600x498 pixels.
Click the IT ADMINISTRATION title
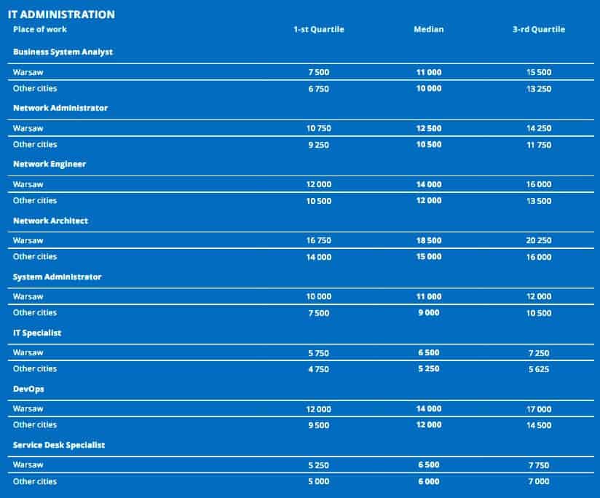(61, 14)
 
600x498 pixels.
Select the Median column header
(428, 30)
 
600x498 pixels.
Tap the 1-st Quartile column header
(318, 30)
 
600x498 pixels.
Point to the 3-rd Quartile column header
(538, 30)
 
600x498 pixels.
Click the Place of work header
(40, 29)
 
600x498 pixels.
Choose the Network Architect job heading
(51, 221)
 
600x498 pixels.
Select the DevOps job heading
(28, 389)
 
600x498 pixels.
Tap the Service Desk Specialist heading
(59, 445)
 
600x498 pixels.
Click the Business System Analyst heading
(63, 52)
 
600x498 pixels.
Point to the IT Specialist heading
(37, 333)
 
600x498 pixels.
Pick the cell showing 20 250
(538, 241)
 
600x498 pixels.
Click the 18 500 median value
(428, 241)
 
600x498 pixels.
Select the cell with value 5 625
(538, 369)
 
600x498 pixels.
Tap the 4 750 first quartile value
(318, 369)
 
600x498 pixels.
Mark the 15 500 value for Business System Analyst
(538, 73)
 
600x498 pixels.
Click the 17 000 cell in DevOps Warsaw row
(538, 409)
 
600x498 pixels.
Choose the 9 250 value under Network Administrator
(318, 145)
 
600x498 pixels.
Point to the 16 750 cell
(318, 241)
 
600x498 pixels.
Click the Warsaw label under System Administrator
(28, 296)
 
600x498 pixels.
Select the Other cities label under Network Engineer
(35, 200)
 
